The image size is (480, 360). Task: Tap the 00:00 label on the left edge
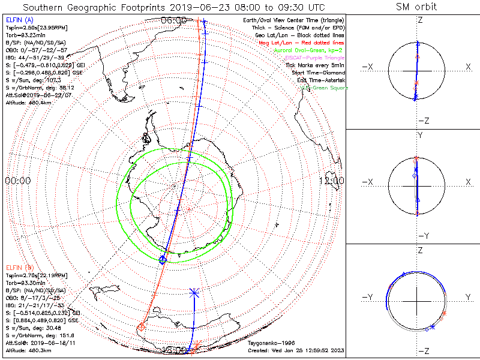coord(18,180)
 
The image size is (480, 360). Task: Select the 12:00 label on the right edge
coord(332,180)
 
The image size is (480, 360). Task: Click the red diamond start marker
coord(142,327)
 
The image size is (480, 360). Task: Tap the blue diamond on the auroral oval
coord(162,259)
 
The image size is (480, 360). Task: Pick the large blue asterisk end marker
coord(194,293)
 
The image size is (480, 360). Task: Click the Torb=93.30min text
coord(24,281)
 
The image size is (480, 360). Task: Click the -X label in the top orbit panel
coord(367,66)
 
